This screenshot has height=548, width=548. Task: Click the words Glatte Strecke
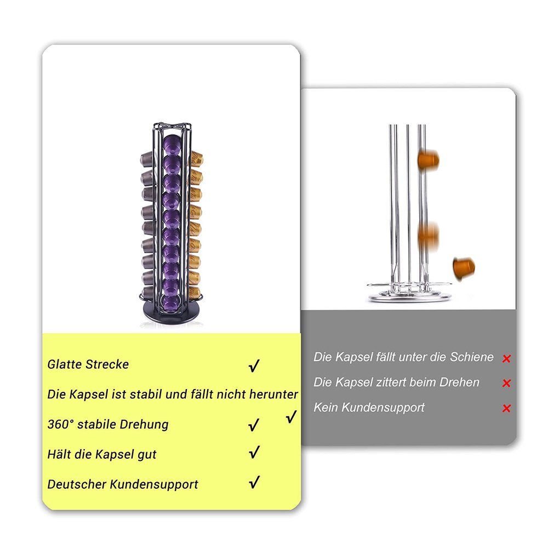[88, 364]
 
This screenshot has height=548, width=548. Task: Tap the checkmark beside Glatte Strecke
[254, 366]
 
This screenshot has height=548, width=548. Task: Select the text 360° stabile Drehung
[108, 424]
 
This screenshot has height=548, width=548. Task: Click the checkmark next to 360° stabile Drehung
[254, 425]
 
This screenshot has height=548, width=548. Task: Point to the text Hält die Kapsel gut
[102, 454]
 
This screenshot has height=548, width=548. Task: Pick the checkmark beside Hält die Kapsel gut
[254, 452]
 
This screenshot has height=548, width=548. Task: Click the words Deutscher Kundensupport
[123, 484]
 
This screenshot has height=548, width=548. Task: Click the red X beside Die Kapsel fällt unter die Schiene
[506, 358]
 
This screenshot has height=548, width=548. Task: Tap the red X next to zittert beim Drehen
[506, 384]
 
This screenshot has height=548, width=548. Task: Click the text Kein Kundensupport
[369, 408]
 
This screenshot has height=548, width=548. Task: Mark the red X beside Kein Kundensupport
[506, 408]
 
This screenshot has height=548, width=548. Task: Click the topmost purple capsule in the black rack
[171, 143]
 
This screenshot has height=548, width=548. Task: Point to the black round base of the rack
[171, 313]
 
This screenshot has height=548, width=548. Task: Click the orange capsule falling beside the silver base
[464, 268]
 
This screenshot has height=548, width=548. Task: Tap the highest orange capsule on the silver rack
[429, 159]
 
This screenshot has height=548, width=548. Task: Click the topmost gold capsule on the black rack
[196, 159]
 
